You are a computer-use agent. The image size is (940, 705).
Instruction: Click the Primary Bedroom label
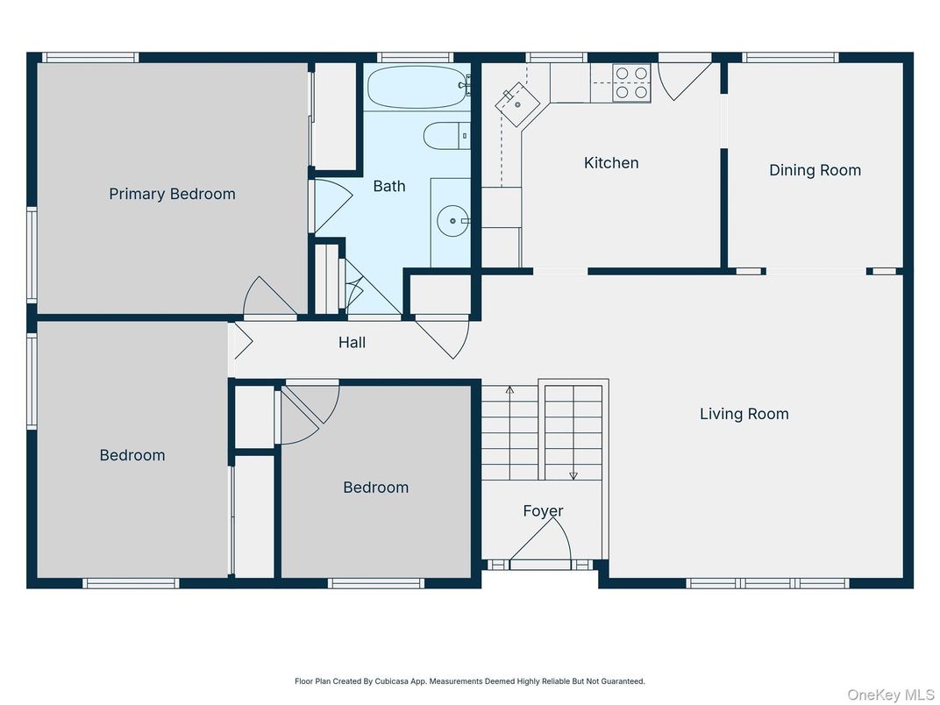(x=172, y=194)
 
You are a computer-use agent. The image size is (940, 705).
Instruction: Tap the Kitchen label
(x=611, y=162)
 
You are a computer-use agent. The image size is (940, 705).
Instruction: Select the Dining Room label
(x=815, y=170)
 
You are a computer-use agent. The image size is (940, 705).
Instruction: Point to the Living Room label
(x=744, y=414)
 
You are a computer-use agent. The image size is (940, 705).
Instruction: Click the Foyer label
(x=543, y=510)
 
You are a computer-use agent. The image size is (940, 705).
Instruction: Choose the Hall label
(x=352, y=342)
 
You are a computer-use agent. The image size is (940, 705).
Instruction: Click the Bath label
(x=389, y=186)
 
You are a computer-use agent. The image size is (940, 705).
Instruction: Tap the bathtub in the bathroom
(x=417, y=87)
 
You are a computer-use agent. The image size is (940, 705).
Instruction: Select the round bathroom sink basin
(x=453, y=221)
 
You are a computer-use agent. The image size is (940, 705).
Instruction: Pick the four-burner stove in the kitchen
(x=631, y=82)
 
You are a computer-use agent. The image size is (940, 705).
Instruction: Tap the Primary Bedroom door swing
(x=267, y=298)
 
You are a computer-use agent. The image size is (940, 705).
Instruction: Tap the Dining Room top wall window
(x=790, y=58)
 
